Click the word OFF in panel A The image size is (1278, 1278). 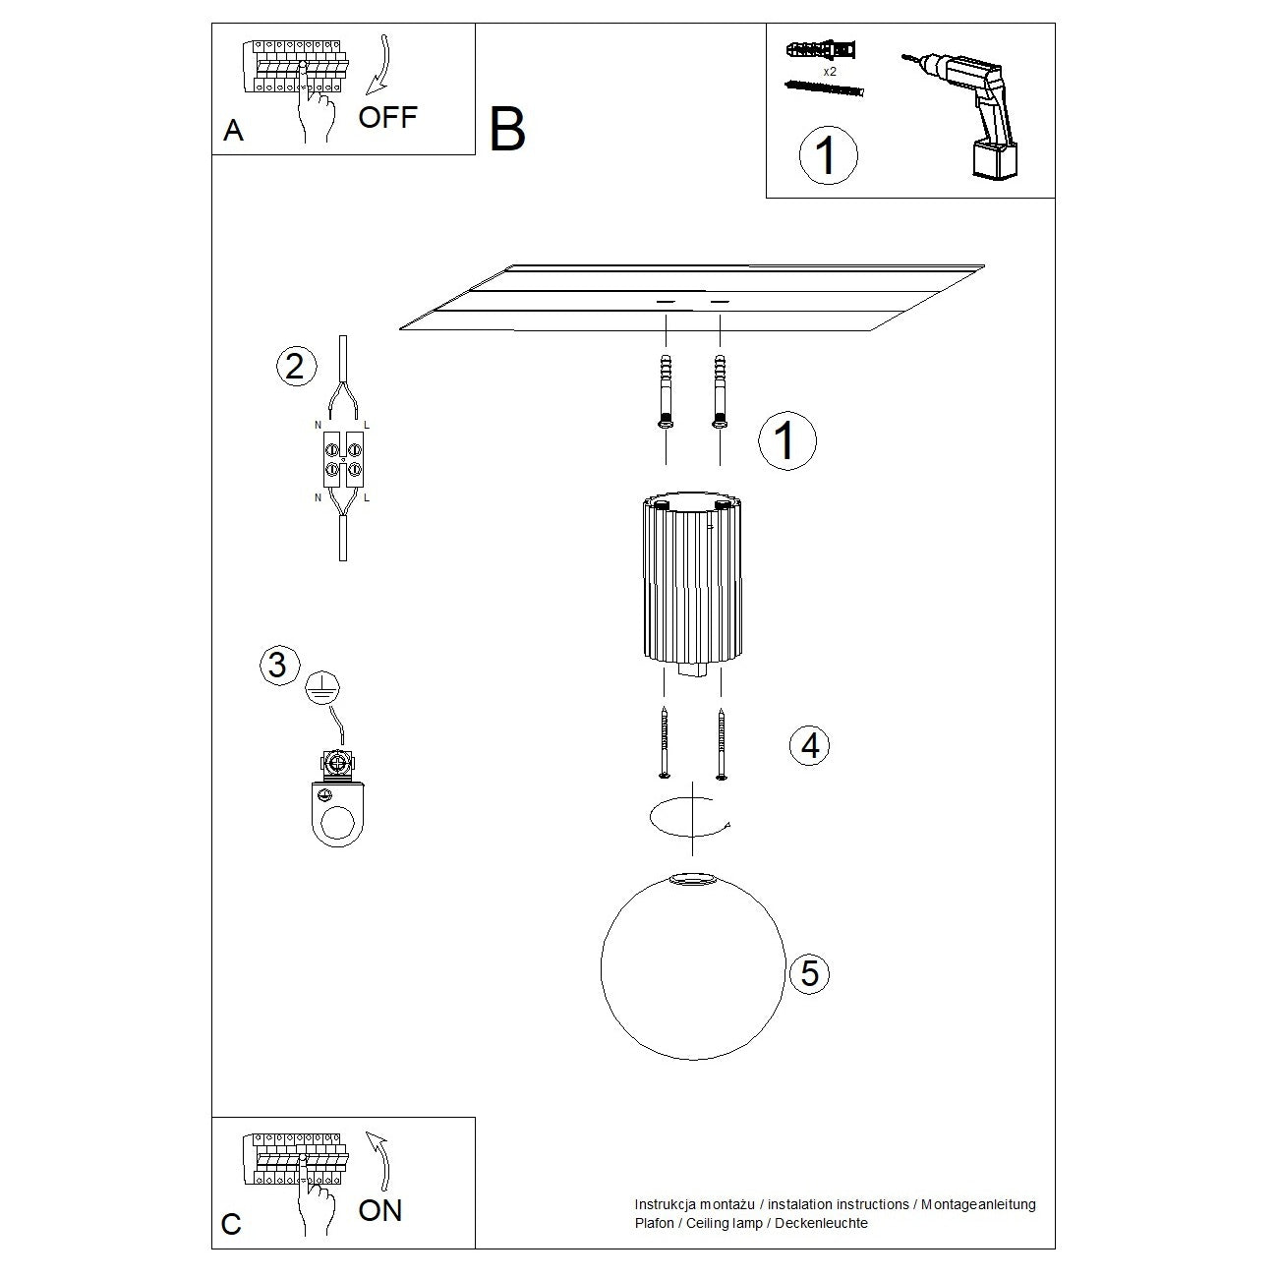pyautogui.click(x=387, y=118)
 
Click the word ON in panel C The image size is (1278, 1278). pyautogui.click(x=380, y=1210)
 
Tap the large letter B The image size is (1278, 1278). pyautogui.click(x=507, y=130)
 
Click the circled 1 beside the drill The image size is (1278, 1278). pyautogui.click(x=828, y=155)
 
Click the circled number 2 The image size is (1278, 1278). pyautogui.click(x=295, y=366)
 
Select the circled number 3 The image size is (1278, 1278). pyautogui.click(x=278, y=665)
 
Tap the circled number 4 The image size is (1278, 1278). pyautogui.click(x=810, y=746)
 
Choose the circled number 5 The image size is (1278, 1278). pyautogui.click(x=810, y=973)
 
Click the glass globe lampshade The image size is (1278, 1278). pyautogui.click(x=693, y=967)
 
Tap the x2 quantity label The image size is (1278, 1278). pyautogui.click(x=829, y=72)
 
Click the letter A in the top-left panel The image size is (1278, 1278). pyautogui.click(x=233, y=131)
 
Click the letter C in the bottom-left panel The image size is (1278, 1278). pyautogui.click(x=231, y=1225)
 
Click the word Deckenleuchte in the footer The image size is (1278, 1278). pyautogui.click(x=820, y=1223)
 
